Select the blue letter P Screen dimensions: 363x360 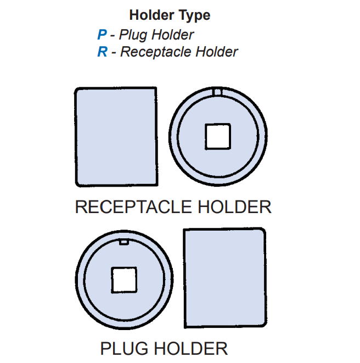[102, 35]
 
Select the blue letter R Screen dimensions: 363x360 [102, 52]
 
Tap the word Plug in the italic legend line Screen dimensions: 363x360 [132, 35]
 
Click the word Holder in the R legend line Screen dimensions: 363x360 [217, 52]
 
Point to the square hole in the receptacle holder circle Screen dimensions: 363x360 [218, 136]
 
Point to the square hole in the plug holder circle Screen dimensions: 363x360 [123, 280]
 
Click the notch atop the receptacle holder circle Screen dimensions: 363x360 [218, 92]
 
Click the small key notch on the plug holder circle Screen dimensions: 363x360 [124, 241]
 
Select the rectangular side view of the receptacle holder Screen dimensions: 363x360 [116, 137]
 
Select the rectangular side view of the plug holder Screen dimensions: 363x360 [224, 278]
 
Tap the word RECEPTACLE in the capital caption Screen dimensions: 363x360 [133, 207]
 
